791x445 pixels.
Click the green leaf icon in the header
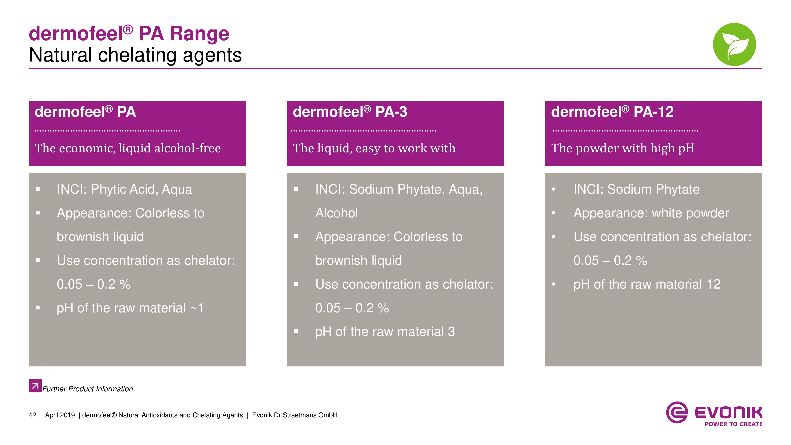[734, 44]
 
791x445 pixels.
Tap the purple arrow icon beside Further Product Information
[35, 385]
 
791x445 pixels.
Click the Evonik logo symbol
[677, 412]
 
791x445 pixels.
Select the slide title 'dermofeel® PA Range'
[129, 33]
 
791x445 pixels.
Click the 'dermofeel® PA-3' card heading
[350, 112]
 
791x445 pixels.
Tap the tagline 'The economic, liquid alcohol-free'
[128, 148]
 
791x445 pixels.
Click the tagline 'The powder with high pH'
[623, 148]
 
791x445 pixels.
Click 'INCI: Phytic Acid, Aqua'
[124, 189]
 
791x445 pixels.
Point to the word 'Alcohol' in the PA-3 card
[337, 213]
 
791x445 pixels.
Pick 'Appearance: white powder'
[651, 213]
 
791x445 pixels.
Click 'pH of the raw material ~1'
[130, 308]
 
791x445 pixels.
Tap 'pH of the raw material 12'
[647, 284]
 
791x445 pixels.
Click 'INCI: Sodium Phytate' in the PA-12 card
[637, 189]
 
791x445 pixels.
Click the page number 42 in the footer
[32, 415]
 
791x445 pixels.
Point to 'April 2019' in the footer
[60, 415]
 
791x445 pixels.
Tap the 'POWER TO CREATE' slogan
[734, 424]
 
